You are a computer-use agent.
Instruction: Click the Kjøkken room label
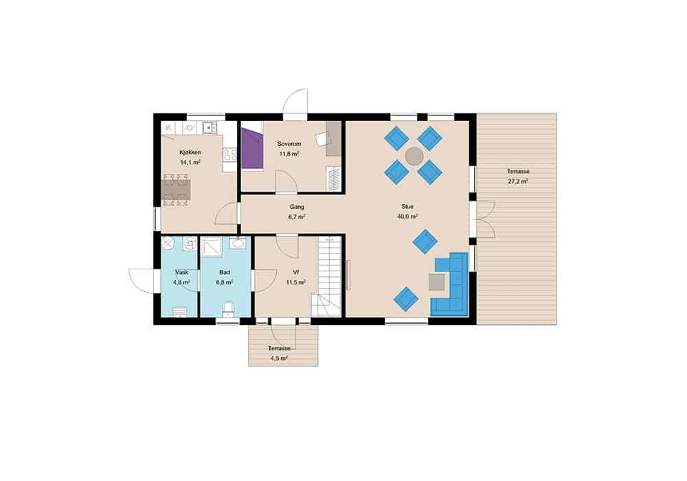(190, 153)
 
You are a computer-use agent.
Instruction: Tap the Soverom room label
(289, 144)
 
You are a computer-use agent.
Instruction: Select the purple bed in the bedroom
(252, 148)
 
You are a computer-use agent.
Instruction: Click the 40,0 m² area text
(407, 216)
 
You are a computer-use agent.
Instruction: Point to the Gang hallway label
(297, 207)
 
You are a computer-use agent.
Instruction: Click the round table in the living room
(414, 155)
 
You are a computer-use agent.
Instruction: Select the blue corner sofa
(450, 284)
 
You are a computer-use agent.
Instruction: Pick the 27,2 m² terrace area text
(518, 181)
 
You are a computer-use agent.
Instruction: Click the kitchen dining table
(177, 190)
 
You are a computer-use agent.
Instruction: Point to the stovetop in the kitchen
(230, 155)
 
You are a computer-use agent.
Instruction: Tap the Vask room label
(181, 273)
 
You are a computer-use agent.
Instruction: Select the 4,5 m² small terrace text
(279, 358)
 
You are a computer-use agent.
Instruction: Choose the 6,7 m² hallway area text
(297, 216)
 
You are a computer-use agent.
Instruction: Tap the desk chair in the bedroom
(322, 138)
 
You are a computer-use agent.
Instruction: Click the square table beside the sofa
(437, 282)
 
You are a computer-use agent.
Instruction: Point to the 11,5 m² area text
(295, 282)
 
